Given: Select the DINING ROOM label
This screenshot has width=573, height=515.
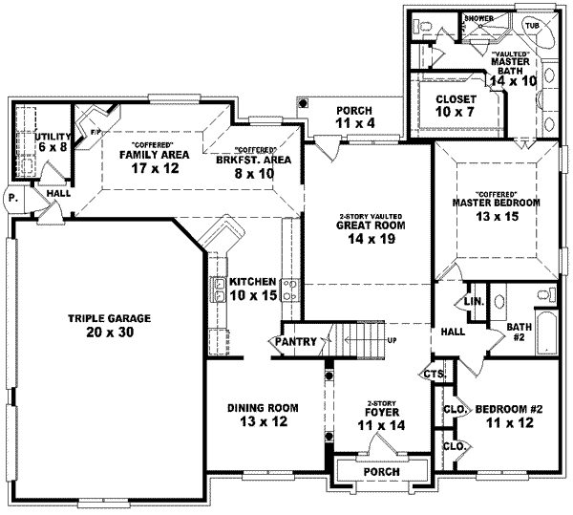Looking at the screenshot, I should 264,408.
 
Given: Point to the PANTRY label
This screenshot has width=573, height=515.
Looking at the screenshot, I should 297,341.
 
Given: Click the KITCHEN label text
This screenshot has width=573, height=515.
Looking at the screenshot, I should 253,282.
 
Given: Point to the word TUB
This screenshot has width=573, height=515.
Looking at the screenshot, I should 530,26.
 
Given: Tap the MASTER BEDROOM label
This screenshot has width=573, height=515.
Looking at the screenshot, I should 497,203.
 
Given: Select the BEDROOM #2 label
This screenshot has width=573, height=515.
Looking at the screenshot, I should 509,408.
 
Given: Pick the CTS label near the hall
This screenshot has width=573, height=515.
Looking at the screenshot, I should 434,373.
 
